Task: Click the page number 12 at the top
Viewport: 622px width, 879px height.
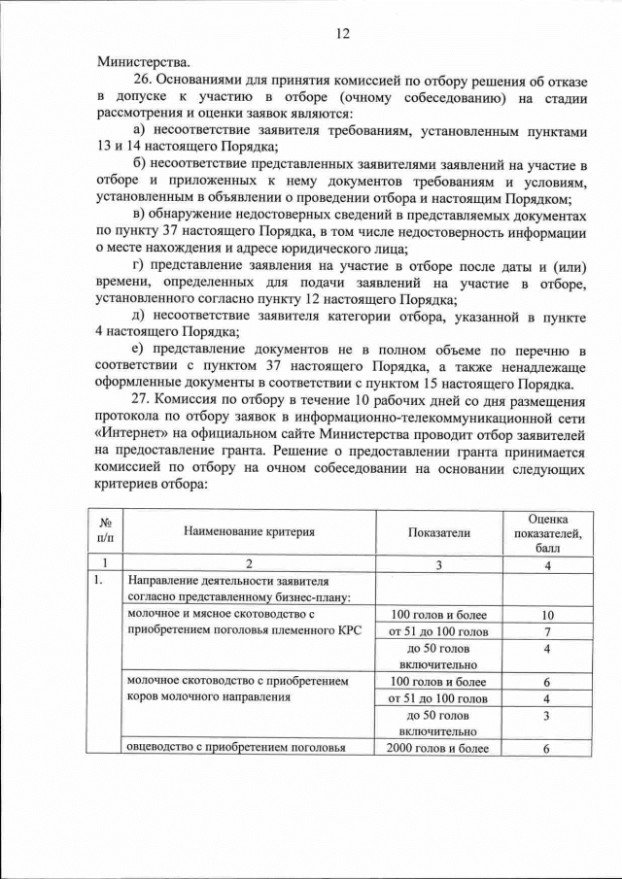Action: (x=341, y=33)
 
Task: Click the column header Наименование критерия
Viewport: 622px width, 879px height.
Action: (x=249, y=531)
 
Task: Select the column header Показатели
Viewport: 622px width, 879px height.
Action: (x=438, y=531)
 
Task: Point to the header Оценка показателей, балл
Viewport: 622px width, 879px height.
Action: (x=547, y=532)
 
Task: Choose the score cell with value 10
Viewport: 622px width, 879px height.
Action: (x=547, y=615)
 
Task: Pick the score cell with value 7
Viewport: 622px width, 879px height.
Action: (x=547, y=632)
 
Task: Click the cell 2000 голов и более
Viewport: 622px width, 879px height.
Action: (x=438, y=748)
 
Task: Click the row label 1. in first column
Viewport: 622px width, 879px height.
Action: (x=99, y=581)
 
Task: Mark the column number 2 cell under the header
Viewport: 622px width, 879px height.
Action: (x=249, y=562)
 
